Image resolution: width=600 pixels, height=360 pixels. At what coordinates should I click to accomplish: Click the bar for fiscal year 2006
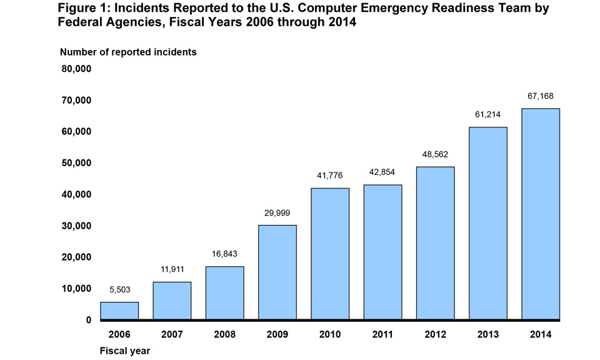[x=119, y=311]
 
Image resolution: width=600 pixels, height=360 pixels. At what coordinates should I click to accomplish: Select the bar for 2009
[x=277, y=272]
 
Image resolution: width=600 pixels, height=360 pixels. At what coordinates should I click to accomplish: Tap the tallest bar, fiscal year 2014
[x=541, y=214]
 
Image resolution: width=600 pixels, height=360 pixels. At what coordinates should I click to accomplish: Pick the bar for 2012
[x=435, y=243]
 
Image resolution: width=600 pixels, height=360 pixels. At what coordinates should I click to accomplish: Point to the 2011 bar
[x=382, y=252]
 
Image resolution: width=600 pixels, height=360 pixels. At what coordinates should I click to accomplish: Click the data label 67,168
[x=541, y=96]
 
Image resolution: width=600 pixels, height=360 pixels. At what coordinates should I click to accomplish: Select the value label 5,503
[x=119, y=289]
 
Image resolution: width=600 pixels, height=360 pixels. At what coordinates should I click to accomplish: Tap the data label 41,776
[x=330, y=176]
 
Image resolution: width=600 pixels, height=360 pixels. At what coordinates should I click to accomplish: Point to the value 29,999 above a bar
[x=277, y=213]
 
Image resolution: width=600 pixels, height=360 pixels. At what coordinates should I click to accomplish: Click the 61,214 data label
[x=488, y=115]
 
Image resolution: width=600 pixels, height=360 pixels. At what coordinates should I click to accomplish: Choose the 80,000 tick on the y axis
[x=76, y=69]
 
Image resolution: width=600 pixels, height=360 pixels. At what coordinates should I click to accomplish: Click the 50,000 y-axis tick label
[x=76, y=163]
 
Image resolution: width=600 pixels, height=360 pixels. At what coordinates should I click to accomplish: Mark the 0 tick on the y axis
[x=88, y=320]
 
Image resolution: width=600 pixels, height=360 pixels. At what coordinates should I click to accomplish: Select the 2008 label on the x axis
[x=224, y=334]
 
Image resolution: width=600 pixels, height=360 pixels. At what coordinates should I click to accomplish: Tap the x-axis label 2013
[x=488, y=334]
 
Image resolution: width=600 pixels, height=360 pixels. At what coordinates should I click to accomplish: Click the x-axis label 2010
[x=330, y=334]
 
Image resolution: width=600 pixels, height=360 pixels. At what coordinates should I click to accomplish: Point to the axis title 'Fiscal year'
[x=125, y=351]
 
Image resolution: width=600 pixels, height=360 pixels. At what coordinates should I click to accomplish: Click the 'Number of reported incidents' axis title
[x=128, y=52]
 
